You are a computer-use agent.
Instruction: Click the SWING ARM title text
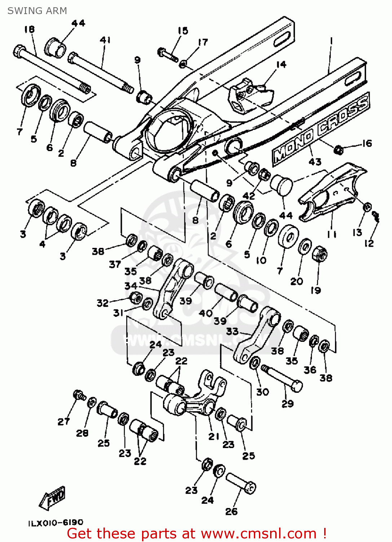[37, 11]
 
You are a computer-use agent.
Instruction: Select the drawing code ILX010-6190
[56, 522]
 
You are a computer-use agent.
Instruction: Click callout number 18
[30, 29]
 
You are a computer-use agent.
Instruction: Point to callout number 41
[105, 40]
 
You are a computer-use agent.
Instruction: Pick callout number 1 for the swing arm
[331, 41]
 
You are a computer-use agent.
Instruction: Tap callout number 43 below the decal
[315, 162]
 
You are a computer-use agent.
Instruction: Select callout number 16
[367, 143]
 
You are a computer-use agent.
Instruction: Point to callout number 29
[287, 404]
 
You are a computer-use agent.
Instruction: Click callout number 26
[232, 511]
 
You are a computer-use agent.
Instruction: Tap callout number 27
[63, 421]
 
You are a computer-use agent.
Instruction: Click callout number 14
[281, 64]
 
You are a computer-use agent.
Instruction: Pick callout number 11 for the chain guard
[331, 235]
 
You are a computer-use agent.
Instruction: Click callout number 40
[206, 313]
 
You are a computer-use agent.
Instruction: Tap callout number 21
[214, 436]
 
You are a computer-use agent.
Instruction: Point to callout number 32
[102, 303]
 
